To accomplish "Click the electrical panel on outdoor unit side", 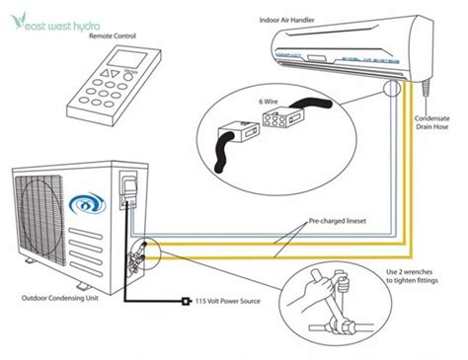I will (126, 192).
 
